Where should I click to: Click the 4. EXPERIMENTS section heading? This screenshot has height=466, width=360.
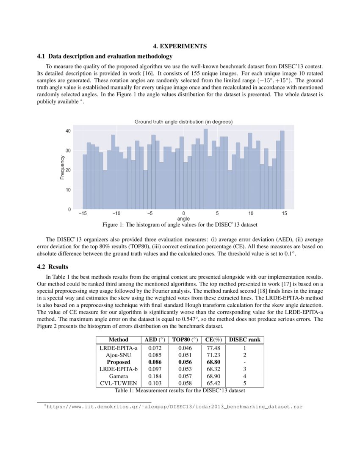180,46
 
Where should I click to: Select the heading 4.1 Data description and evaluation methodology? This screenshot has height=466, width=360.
105,56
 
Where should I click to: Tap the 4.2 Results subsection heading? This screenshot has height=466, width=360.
53,267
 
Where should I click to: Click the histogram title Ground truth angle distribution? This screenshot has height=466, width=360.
183,122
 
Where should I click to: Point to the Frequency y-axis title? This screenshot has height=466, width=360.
62,167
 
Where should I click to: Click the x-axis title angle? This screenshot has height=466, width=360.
183,219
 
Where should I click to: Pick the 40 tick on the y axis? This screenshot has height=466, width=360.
68,131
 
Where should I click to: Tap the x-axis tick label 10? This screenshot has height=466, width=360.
251,214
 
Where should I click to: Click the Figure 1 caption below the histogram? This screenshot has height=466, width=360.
180,224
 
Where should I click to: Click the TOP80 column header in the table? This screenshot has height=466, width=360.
186,340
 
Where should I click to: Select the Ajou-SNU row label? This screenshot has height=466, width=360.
118,355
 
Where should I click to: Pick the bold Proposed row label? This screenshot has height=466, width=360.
118,362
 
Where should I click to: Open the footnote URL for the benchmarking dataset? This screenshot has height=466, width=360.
174,407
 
